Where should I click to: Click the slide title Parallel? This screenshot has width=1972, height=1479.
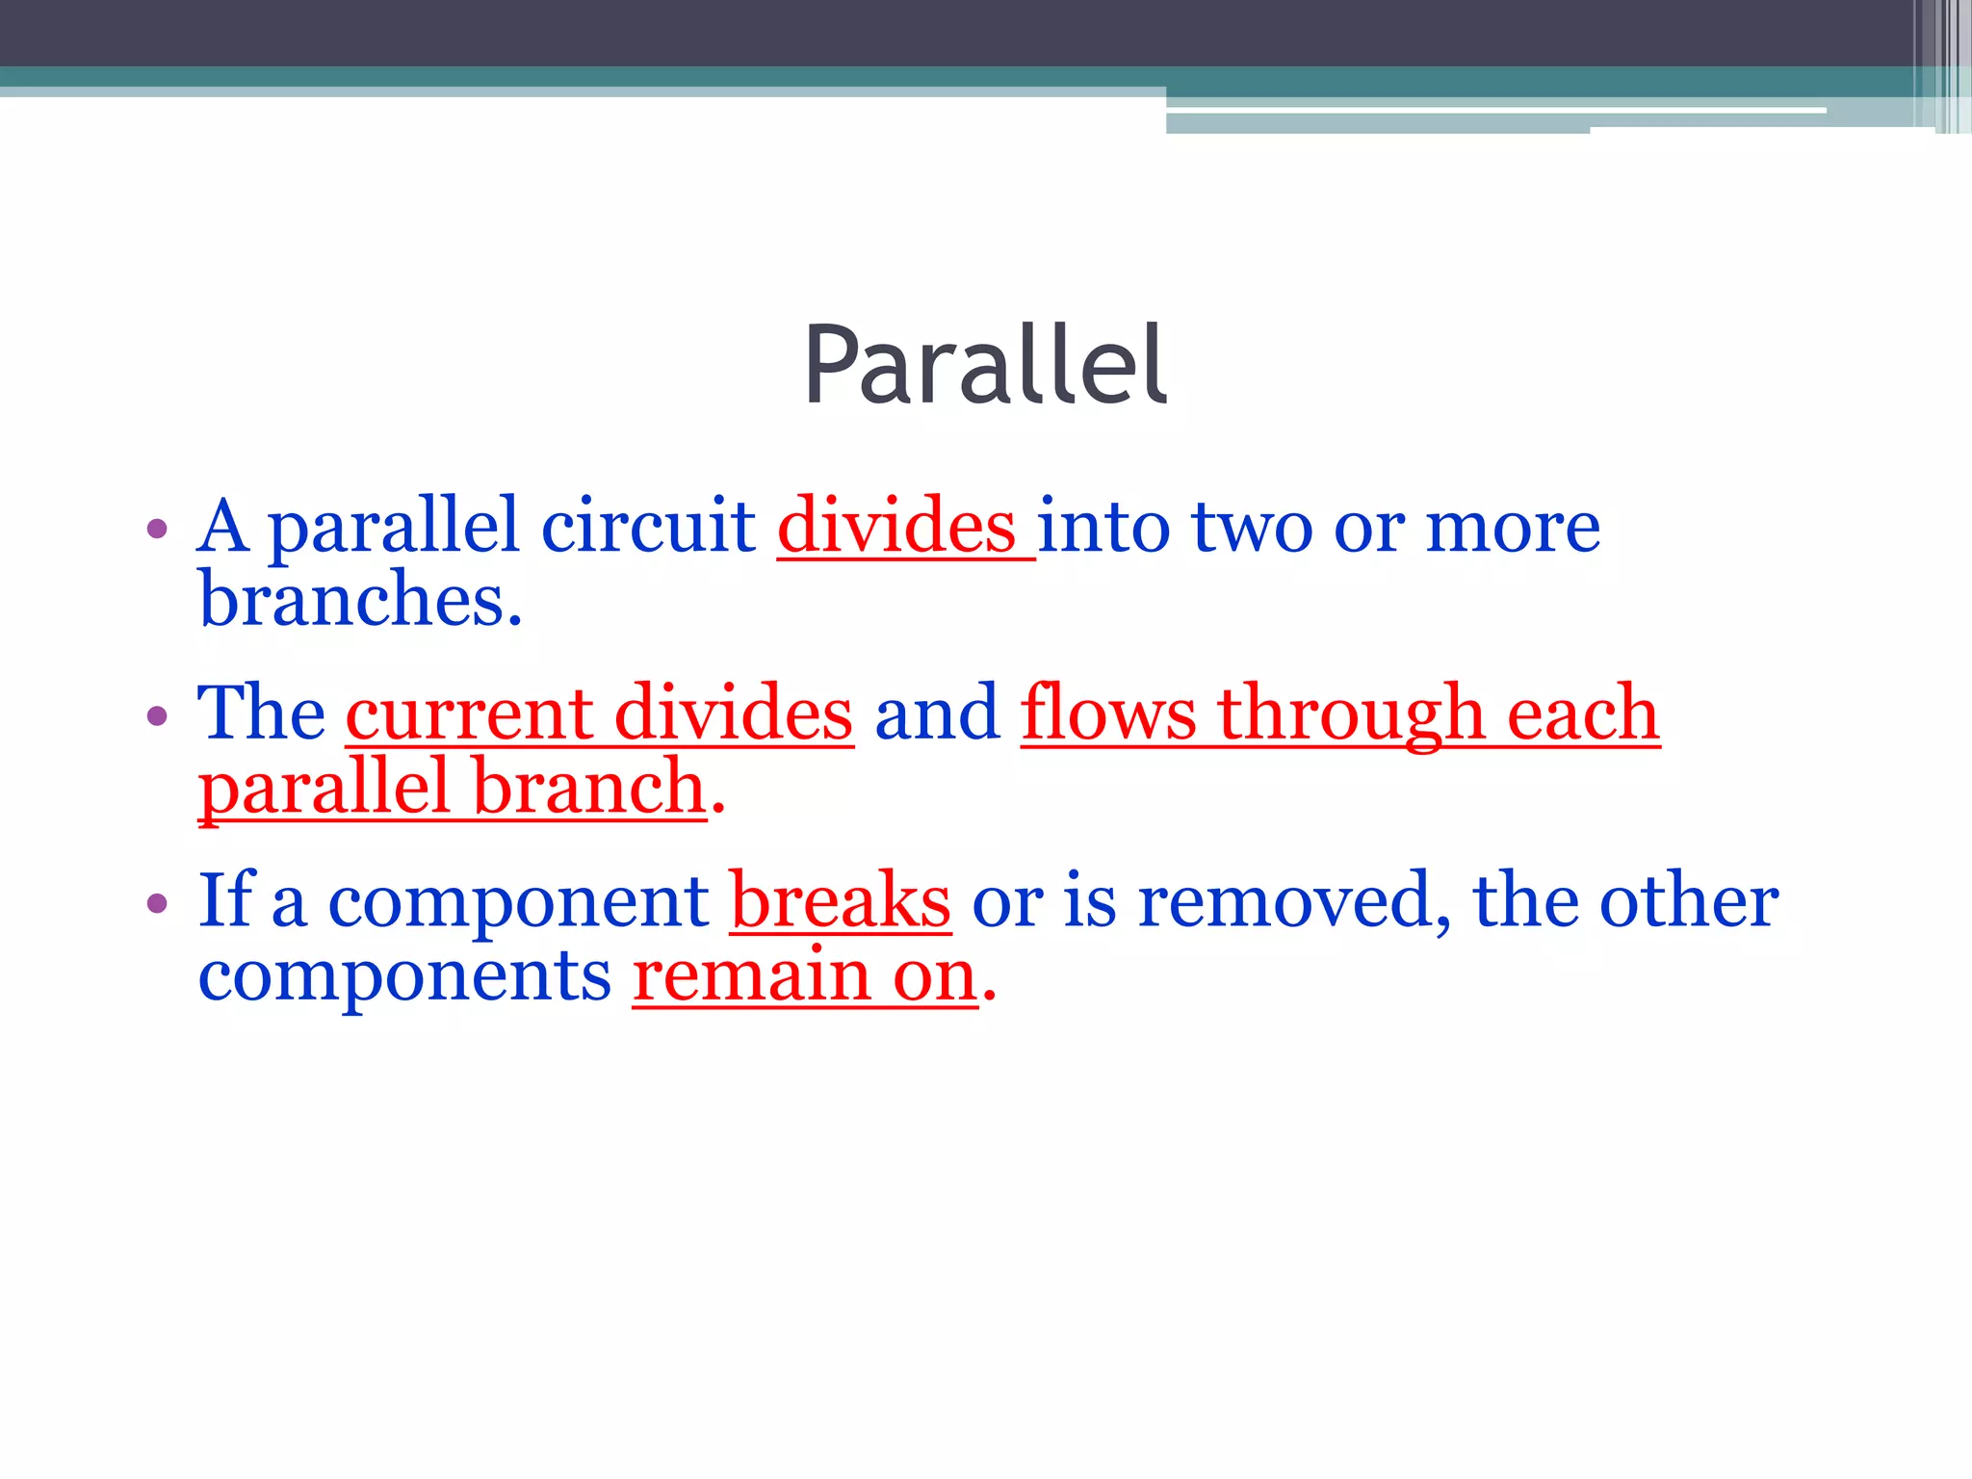click(985, 365)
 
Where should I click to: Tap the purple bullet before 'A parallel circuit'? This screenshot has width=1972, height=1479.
click(157, 529)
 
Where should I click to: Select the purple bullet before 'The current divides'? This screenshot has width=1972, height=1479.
click(157, 715)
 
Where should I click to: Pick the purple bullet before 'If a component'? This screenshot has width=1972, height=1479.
click(157, 903)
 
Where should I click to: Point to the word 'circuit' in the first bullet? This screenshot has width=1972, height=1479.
click(648, 527)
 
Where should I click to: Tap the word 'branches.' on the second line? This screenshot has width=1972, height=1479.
click(360, 600)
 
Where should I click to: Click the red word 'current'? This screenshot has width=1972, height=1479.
click(469, 714)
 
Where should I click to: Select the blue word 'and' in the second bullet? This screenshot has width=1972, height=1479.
click(937, 714)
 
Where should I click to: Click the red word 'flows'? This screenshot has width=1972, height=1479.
click(1108, 714)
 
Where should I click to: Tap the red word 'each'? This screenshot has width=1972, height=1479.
click(1582, 714)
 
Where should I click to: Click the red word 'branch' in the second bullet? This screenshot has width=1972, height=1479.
click(590, 787)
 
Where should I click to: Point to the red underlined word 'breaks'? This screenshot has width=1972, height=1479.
click(841, 901)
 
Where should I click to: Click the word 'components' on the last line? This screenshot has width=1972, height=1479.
click(404, 976)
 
